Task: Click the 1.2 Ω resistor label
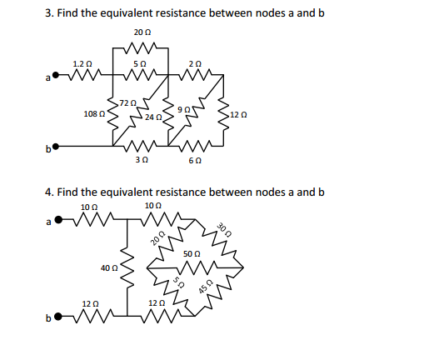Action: [82, 63]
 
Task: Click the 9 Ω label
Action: [188, 108]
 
